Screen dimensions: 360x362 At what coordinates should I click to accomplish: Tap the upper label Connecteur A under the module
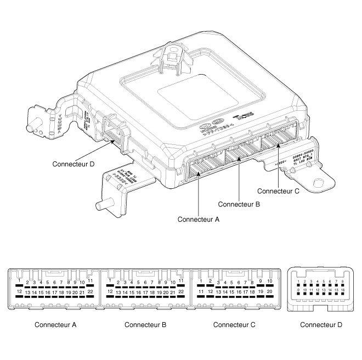pyautogui.click(x=198, y=219)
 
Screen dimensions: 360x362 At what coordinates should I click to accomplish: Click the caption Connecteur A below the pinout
pyautogui.click(x=55, y=324)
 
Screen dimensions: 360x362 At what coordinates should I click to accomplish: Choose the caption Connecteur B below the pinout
pyautogui.click(x=145, y=324)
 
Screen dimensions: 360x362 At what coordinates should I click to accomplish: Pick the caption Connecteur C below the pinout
pyautogui.click(x=234, y=324)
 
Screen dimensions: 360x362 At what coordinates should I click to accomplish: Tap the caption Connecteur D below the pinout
pyautogui.click(x=321, y=324)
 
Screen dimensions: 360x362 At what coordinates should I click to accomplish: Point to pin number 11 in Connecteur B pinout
pyautogui.click(x=181, y=281)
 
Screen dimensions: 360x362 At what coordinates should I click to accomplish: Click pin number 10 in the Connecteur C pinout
pyautogui.click(x=270, y=282)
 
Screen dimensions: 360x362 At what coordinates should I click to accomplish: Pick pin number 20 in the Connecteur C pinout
pyautogui.click(x=270, y=292)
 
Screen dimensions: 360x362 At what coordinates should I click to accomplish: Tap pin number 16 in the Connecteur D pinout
pyautogui.click(x=343, y=290)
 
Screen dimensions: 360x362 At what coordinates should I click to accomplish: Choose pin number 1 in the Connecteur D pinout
pyautogui.click(x=298, y=282)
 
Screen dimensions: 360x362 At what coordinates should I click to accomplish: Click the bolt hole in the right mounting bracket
pyautogui.click(x=318, y=181)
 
